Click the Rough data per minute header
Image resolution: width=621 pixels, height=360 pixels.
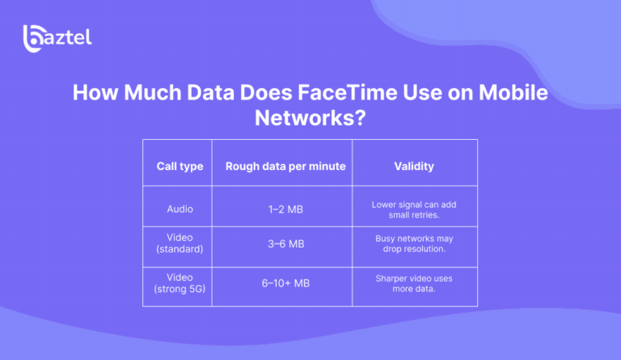point(285,167)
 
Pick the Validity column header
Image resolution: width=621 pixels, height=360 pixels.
point(414,167)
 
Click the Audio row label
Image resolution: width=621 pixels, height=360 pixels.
point(180,209)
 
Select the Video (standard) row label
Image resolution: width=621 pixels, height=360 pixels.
point(180,244)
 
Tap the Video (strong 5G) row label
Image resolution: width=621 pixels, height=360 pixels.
point(180,283)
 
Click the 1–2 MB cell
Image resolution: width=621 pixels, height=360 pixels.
point(285,209)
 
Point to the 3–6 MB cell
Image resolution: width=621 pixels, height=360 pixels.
point(285,244)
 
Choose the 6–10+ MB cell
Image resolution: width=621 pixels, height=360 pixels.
point(285,283)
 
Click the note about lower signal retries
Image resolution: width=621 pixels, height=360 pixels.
point(414,209)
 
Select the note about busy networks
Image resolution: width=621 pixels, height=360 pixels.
point(414,244)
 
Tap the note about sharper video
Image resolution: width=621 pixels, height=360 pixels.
point(414,283)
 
